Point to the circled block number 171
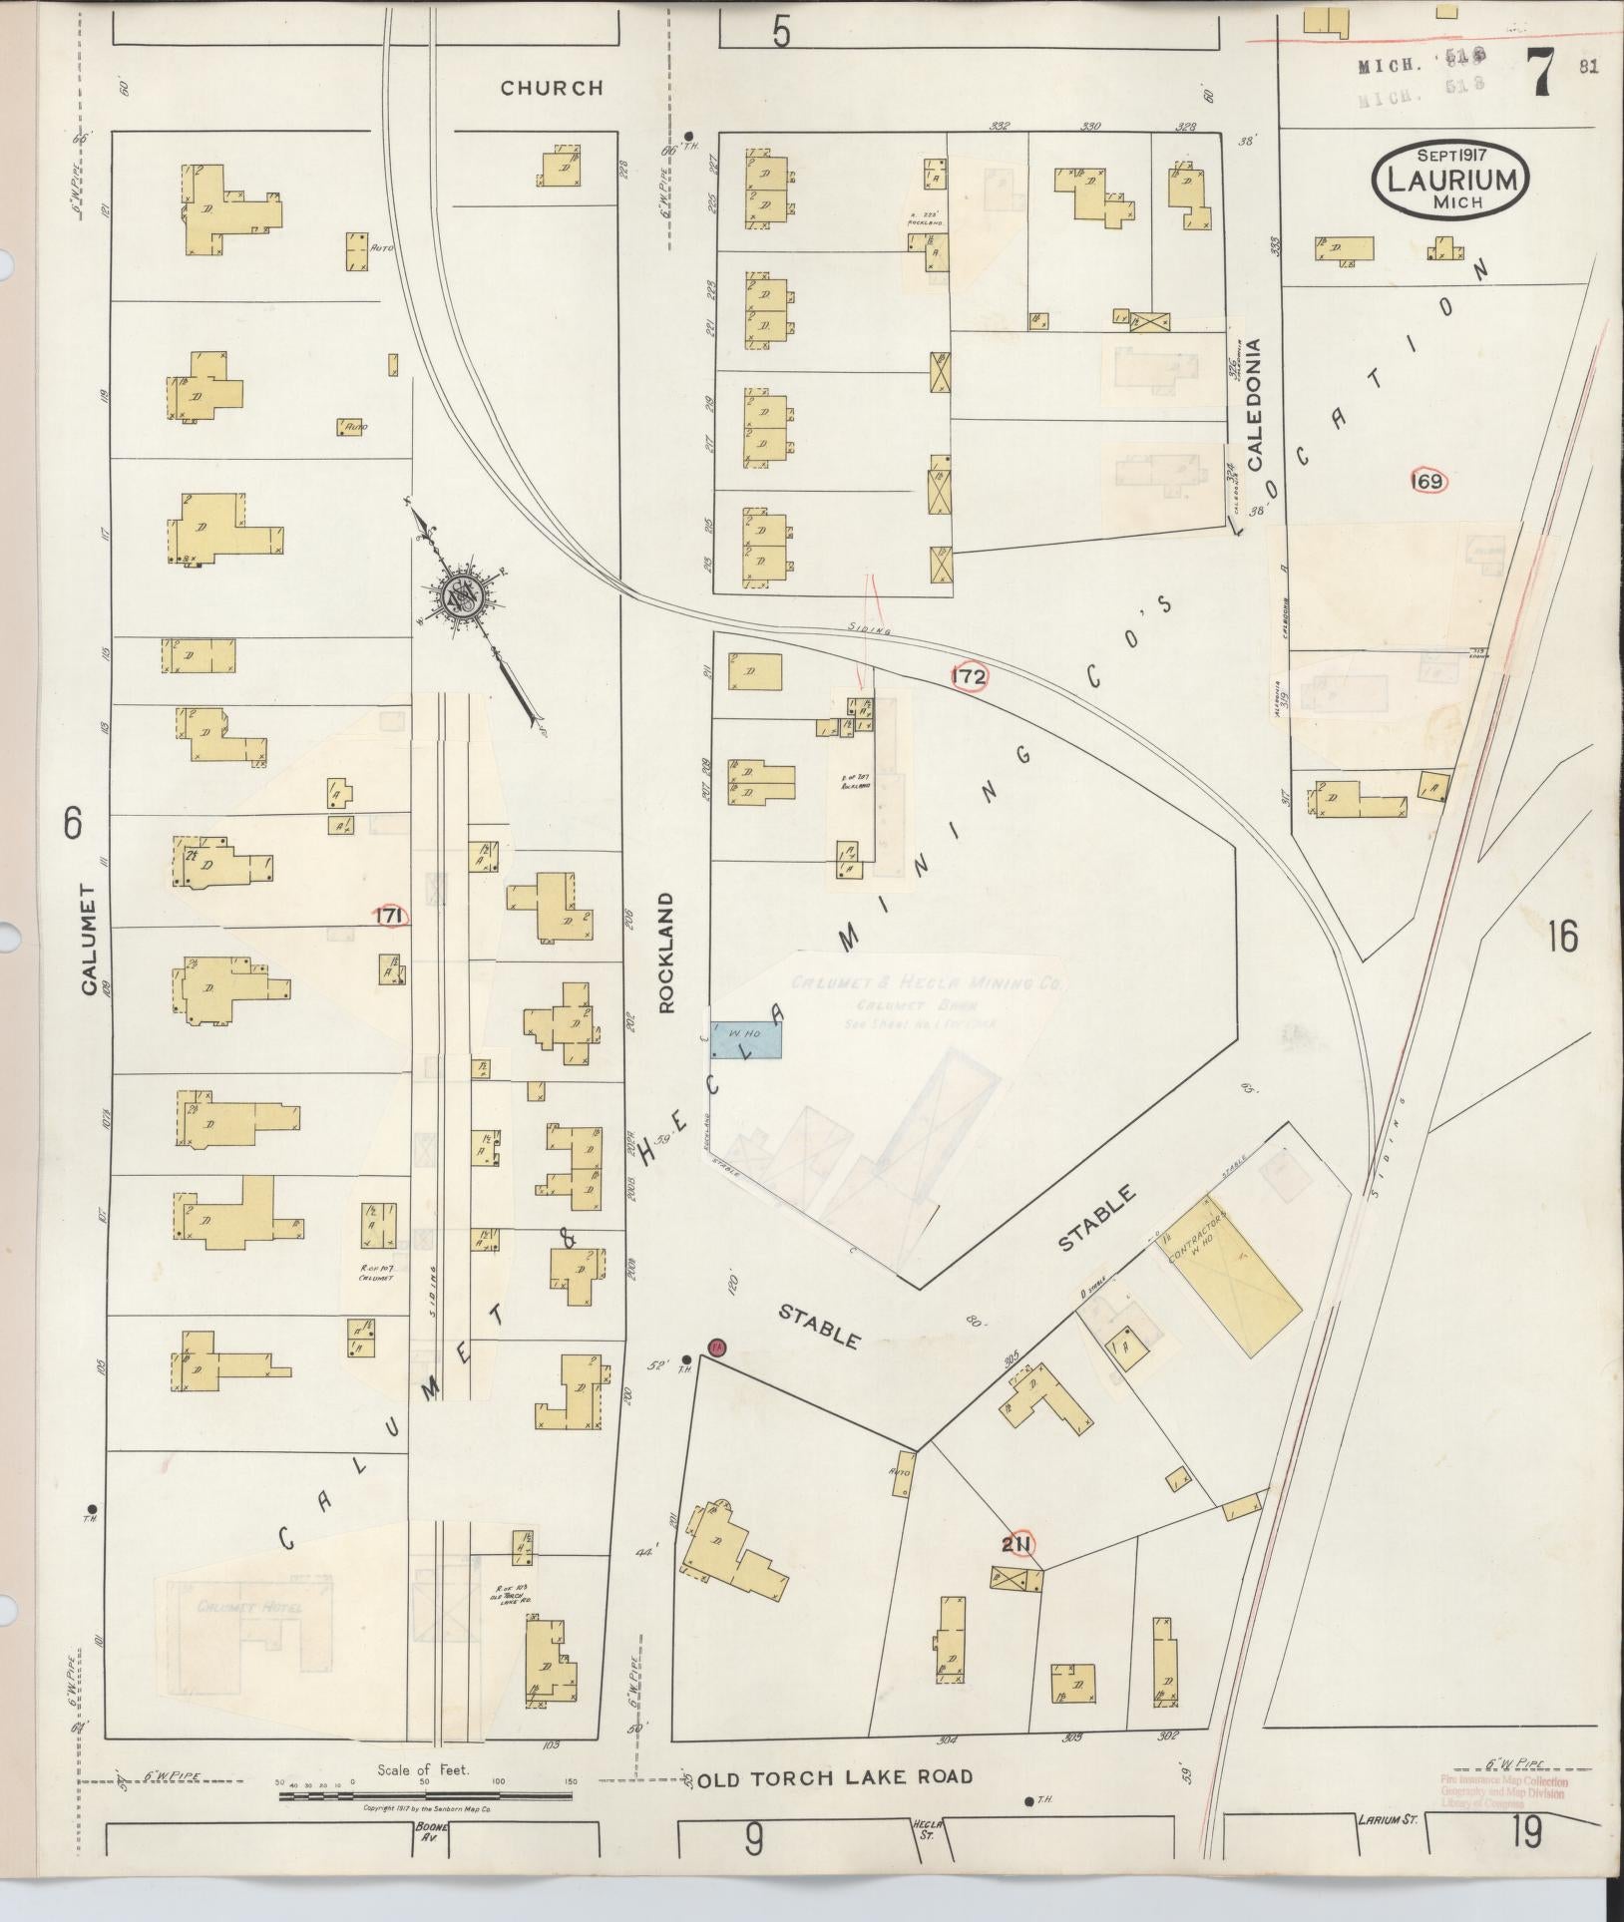tap(390, 916)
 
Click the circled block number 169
tap(1428, 482)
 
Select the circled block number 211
tap(1018, 1545)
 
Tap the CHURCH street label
tap(552, 88)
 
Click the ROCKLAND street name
tap(666, 953)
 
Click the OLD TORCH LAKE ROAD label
tap(834, 1777)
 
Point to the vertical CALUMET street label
tap(88, 940)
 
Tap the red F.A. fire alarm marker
tap(715, 1347)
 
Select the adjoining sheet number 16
tap(1562, 938)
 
